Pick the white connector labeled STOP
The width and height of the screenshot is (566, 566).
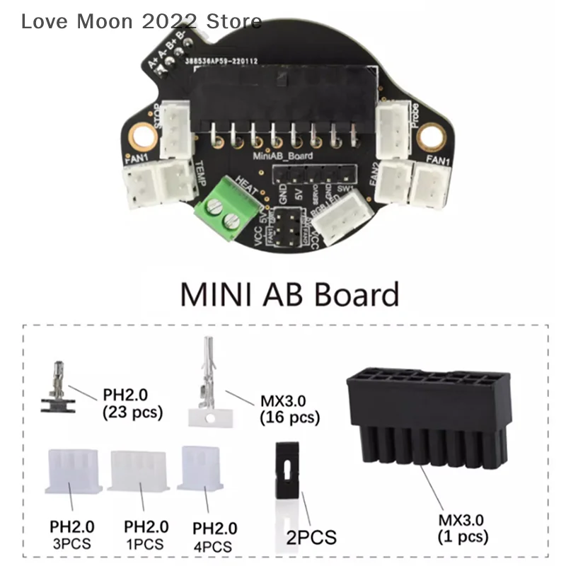[x=175, y=129]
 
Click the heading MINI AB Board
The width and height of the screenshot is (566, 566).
[x=289, y=294]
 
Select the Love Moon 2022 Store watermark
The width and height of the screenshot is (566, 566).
[x=141, y=21]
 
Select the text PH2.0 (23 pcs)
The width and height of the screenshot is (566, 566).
[x=132, y=404]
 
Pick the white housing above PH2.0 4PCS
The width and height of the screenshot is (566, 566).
[x=202, y=468]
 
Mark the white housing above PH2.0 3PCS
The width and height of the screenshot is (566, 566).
[x=72, y=471]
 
